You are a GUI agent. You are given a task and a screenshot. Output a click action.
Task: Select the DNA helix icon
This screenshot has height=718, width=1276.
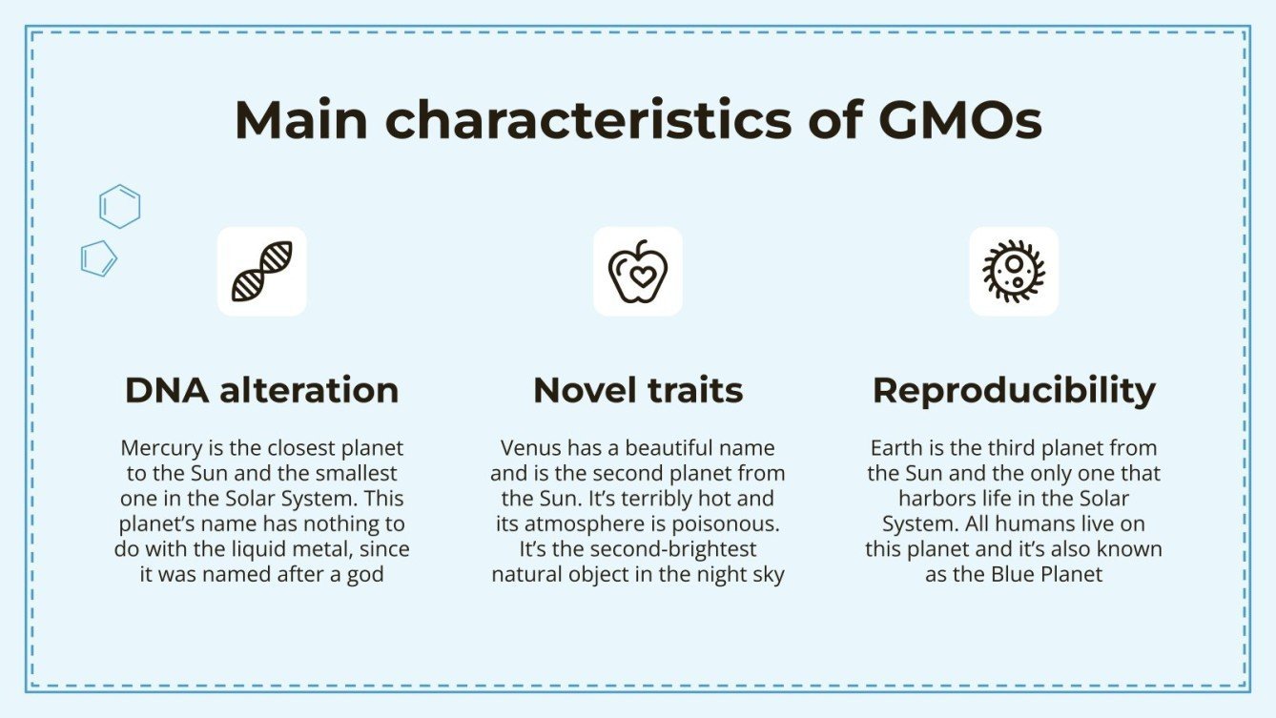click(262, 271)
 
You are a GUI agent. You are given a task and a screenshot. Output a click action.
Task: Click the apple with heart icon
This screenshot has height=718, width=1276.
click(638, 271)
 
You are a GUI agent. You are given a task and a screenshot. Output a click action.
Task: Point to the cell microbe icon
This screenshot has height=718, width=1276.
click(1014, 271)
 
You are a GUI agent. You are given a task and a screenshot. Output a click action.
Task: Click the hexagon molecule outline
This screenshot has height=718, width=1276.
click(120, 206)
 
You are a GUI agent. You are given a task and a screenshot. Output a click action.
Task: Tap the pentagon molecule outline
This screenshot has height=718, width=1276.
click(99, 257)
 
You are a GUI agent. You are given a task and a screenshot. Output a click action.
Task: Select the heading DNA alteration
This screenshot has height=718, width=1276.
click(262, 390)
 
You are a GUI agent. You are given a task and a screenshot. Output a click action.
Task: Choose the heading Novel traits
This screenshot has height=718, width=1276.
click(638, 390)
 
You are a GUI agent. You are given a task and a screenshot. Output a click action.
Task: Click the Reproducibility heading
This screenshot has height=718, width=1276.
click(1014, 390)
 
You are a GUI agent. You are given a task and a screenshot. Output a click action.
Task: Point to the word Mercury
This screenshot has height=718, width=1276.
click(157, 447)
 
